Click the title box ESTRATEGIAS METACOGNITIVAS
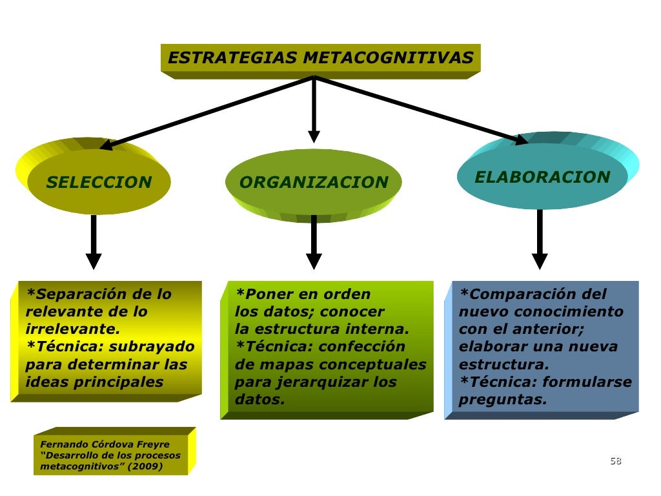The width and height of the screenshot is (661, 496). (x=320, y=59)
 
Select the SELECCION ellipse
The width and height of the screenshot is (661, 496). (x=99, y=183)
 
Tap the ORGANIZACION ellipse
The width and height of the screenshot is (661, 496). (x=314, y=183)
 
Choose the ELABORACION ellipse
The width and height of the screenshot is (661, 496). (x=542, y=177)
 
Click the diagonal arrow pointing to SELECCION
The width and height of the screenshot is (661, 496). (x=207, y=112)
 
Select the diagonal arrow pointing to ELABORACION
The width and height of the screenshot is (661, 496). (x=420, y=109)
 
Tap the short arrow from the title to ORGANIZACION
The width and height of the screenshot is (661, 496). (x=314, y=110)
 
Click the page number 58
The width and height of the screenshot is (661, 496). (x=615, y=460)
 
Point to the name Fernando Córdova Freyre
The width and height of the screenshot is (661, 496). (x=105, y=444)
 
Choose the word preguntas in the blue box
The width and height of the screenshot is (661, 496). (x=502, y=400)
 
